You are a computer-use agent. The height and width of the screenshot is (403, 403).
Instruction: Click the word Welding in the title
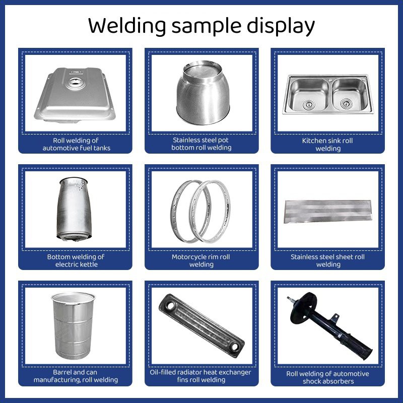click(126, 25)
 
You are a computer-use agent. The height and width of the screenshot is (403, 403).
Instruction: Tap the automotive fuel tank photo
click(75, 96)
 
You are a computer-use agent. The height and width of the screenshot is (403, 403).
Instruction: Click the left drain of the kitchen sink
click(307, 104)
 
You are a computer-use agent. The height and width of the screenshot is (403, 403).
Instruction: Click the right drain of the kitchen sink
click(346, 104)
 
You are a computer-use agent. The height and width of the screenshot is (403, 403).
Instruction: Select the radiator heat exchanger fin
click(201, 325)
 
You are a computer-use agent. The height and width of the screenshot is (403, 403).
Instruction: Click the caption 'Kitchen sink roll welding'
click(327, 145)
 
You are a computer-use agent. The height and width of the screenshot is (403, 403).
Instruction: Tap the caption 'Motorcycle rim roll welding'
click(201, 260)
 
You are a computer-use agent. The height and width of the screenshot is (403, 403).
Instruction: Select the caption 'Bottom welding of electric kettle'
click(76, 260)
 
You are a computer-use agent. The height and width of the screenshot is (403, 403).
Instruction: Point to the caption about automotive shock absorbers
click(327, 377)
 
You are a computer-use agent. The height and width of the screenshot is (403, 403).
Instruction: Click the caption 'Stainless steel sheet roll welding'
click(327, 260)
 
